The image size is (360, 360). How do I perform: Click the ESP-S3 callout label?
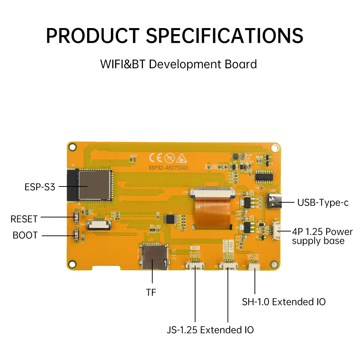[40, 187]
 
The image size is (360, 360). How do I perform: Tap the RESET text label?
[24, 219]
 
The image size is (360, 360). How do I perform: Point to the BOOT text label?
[25, 235]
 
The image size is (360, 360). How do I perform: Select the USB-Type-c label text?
[323, 202]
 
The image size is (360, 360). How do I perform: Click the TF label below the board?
[151, 292]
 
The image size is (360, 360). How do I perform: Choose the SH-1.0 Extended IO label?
[284, 302]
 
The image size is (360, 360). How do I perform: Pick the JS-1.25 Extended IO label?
[210, 329]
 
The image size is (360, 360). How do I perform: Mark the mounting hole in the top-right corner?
[275, 147]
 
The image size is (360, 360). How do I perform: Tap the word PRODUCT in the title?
[92, 35]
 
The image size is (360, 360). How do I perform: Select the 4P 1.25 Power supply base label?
[322, 236]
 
